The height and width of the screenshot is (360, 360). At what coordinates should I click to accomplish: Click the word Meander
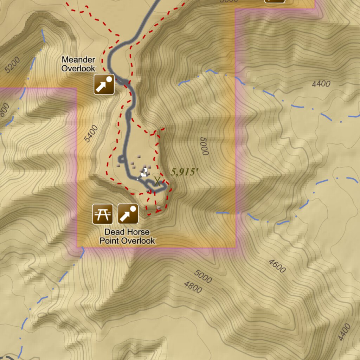click(x=78, y=59)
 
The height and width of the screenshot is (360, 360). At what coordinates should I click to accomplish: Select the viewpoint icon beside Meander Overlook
click(x=104, y=84)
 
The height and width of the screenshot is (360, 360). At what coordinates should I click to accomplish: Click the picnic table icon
click(x=103, y=214)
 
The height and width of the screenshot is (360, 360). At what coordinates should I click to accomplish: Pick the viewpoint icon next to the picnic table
click(x=128, y=214)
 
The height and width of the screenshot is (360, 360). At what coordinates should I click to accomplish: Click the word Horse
click(x=136, y=232)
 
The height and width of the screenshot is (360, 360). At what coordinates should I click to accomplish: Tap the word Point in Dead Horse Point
click(x=109, y=241)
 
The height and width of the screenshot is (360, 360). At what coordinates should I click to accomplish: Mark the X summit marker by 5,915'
click(x=157, y=182)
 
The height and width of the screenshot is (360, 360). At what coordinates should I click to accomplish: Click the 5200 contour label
click(x=13, y=65)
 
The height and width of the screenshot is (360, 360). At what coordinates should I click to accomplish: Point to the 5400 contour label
click(x=91, y=134)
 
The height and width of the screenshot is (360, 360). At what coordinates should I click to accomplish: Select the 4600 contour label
click(x=277, y=266)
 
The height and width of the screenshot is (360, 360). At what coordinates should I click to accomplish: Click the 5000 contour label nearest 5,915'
click(x=204, y=146)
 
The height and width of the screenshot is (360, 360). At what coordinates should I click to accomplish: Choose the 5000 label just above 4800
click(x=203, y=277)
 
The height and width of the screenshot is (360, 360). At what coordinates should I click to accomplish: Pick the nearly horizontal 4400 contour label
click(x=321, y=84)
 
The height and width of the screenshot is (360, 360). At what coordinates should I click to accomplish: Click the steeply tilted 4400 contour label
click(x=344, y=332)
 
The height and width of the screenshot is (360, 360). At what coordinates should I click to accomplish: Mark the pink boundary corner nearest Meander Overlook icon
click(x=76, y=89)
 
